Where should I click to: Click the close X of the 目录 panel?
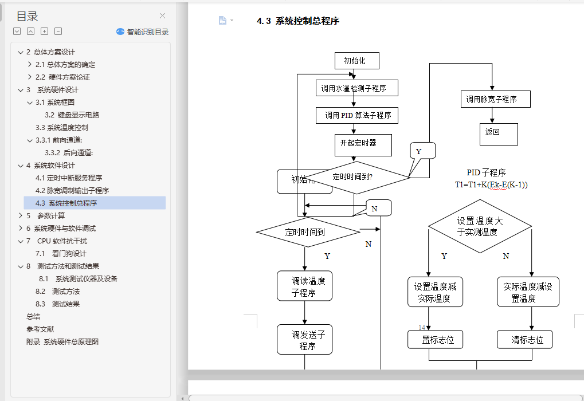tap(162, 16)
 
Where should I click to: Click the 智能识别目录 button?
tap(143, 32)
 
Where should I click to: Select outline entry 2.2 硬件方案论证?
tap(62, 77)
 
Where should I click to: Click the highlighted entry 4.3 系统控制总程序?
tap(66, 203)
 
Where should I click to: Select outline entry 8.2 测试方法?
tap(57, 292)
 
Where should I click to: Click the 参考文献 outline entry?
tap(40, 329)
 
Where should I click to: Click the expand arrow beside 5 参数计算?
tap(21, 216)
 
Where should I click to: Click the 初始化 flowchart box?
tap(357, 61)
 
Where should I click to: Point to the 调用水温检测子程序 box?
tap(356, 88)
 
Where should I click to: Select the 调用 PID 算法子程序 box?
tap(356, 115)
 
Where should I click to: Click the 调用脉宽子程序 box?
tap(495, 99)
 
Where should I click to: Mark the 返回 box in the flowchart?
tap(498, 134)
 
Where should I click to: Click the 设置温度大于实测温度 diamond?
tap(480, 226)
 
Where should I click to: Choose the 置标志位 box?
tap(435, 340)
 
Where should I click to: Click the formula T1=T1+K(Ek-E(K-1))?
tap(491, 184)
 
